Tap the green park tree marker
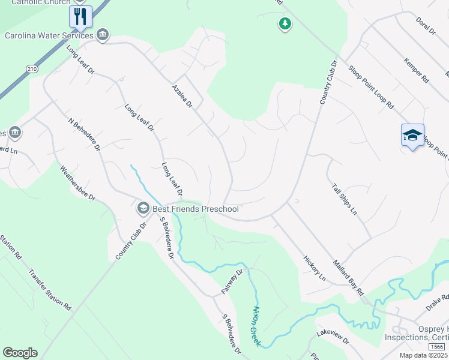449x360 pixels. (x=285, y=24)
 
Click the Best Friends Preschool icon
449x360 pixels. (x=143, y=209)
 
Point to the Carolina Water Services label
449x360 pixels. (x=49, y=35)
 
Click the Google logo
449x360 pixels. (x=20, y=353)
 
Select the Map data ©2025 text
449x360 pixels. (x=423, y=356)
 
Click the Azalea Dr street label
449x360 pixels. (x=181, y=96)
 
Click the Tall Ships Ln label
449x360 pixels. (x=344, y=199)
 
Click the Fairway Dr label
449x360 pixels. (x=231, y=281)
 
